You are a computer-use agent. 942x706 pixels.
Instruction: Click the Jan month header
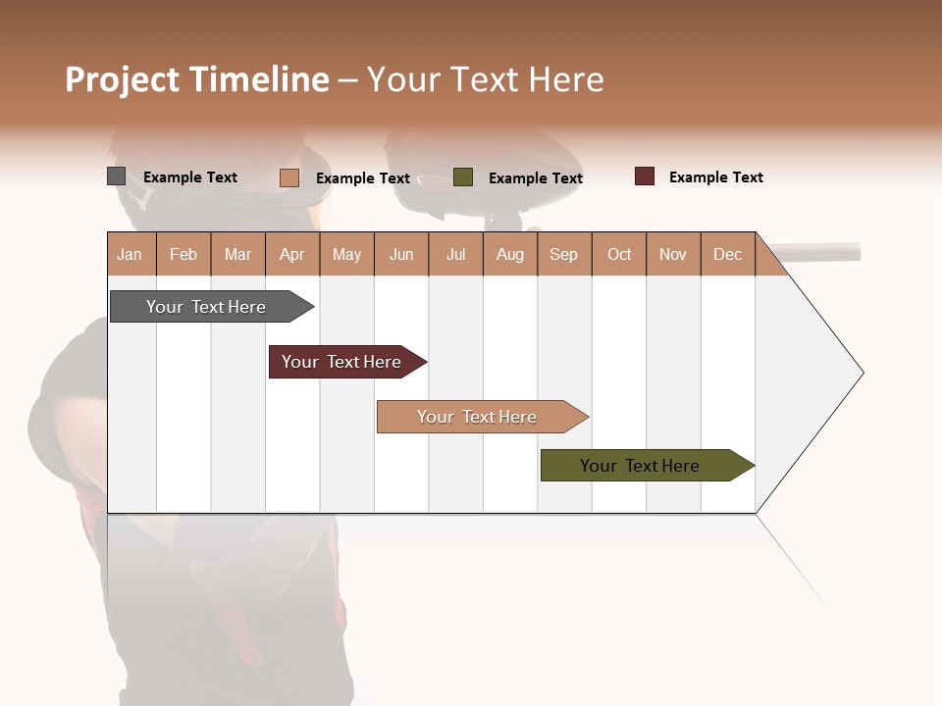[131, 254]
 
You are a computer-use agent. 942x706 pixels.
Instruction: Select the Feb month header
[183, 254]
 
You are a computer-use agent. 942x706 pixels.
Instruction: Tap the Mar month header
[237, 254]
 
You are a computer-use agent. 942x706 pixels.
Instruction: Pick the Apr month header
[292, 254]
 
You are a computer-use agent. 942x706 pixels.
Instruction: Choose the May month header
[346, 254]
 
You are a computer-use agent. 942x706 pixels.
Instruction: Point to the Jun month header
[401, 254]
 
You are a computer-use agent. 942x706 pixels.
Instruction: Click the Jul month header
[455, 254]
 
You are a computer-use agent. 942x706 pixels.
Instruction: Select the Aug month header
[510, 254]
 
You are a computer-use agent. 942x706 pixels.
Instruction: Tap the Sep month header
[564, 254]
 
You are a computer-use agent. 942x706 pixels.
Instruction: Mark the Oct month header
[619, 254]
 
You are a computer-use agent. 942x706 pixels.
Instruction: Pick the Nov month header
[673, 254]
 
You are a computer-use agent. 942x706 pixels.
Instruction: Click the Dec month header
[728, 254]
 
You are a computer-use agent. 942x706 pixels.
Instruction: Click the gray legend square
[117, 176]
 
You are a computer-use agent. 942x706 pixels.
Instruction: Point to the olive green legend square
[463, 177]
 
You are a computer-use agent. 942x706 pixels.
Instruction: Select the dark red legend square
[645, 176]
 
